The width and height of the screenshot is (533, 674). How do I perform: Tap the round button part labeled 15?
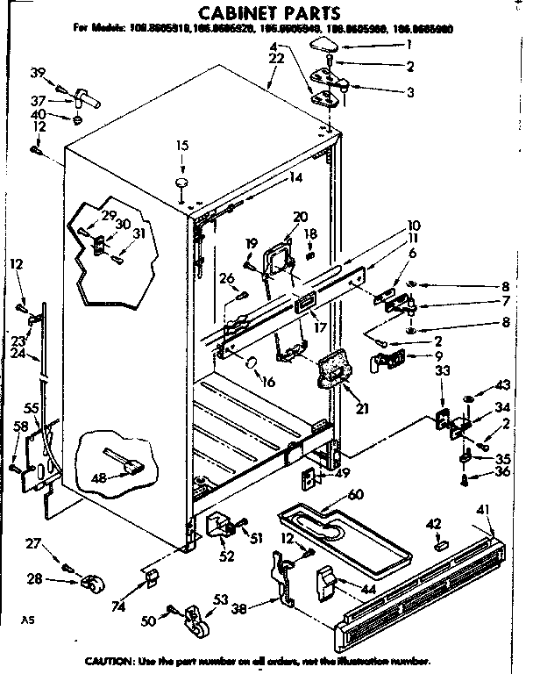coord(183,182)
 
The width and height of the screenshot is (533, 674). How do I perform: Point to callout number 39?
coord(38,71)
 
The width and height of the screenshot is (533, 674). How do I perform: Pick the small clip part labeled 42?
coord(441,544)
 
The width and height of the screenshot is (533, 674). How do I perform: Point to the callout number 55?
coord(31,409)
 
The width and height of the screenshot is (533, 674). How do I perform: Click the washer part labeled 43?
coord(466,401)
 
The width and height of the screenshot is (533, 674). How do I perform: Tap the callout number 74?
coord(118,605)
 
